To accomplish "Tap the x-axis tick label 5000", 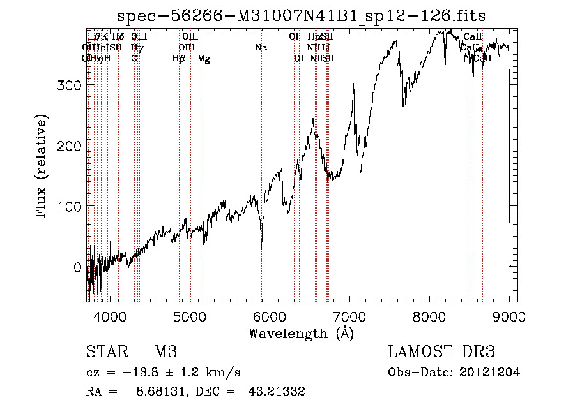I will (190, 316).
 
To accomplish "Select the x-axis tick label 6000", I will (270, 316).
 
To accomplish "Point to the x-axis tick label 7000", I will (349, 316).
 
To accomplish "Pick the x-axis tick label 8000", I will (429, 316).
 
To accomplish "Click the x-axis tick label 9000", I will (509, 316).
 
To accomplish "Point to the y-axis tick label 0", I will (78, 267).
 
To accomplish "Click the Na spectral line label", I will (261, 47).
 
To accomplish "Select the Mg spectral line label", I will (204, 59).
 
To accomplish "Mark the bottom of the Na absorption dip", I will (261, 249).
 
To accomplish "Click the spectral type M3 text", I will (165, 352).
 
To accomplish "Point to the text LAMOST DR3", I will (441, 352).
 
